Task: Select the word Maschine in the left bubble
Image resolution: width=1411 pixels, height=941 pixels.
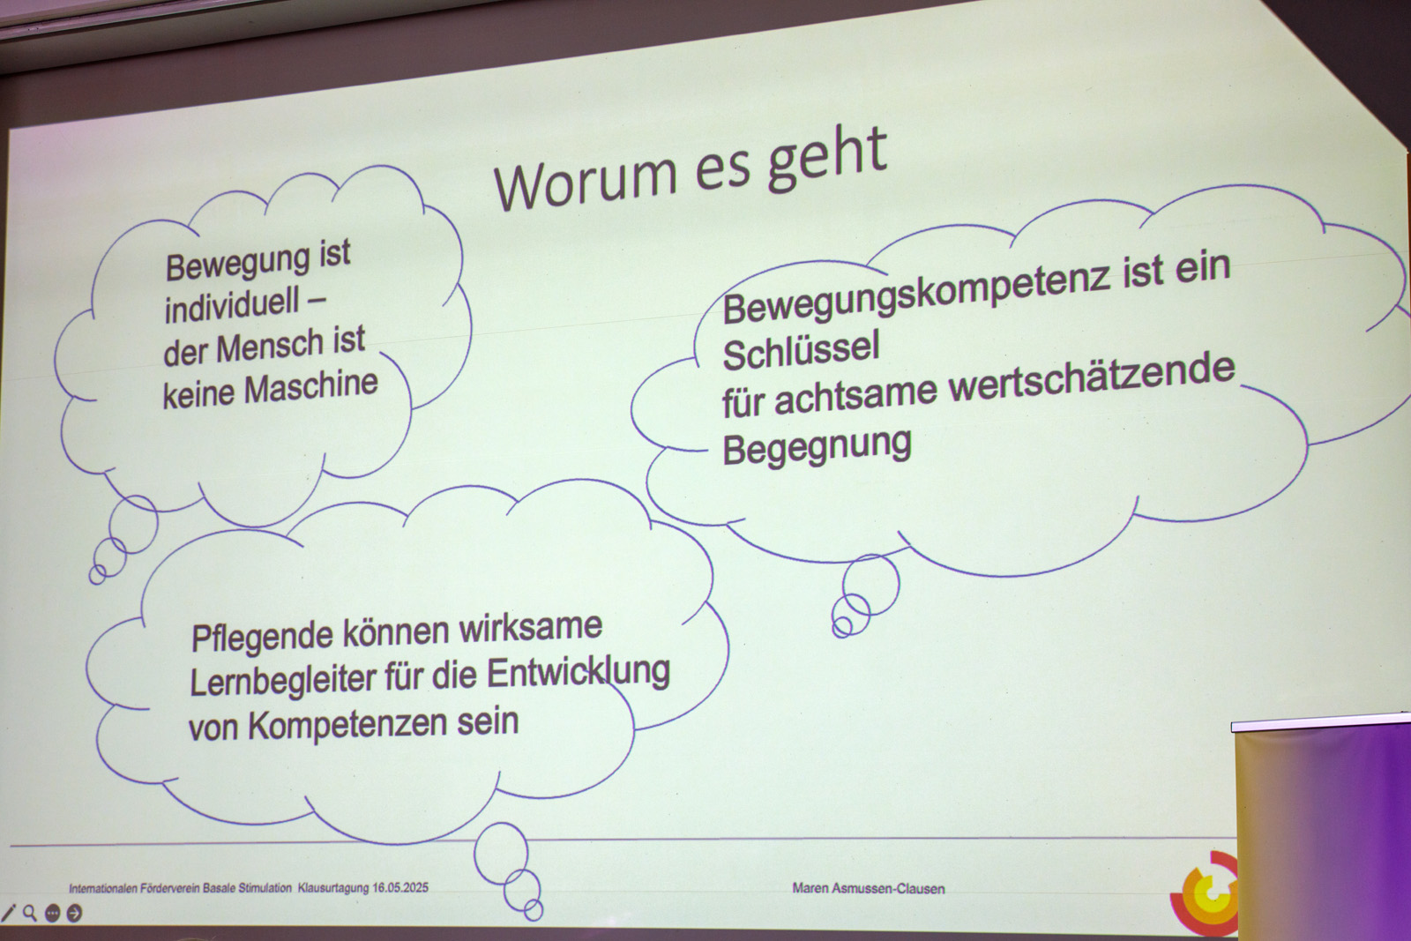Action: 311,387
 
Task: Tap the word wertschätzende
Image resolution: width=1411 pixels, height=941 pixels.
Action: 1092,380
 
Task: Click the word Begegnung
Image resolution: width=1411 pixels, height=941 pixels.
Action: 817,446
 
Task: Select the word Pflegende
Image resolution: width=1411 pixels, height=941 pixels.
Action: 262,638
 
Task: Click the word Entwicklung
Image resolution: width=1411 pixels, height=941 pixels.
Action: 579,673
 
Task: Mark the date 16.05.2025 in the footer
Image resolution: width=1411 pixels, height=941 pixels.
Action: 400,887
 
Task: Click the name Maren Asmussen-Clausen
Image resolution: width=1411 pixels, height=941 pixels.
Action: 868,889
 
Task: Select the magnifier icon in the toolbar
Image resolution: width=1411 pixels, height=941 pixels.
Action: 30,913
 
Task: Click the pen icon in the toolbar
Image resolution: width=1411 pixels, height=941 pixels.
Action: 8,913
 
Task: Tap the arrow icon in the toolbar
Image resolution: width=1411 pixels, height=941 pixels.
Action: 74,913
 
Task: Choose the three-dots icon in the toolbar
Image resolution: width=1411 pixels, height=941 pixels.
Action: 52,913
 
